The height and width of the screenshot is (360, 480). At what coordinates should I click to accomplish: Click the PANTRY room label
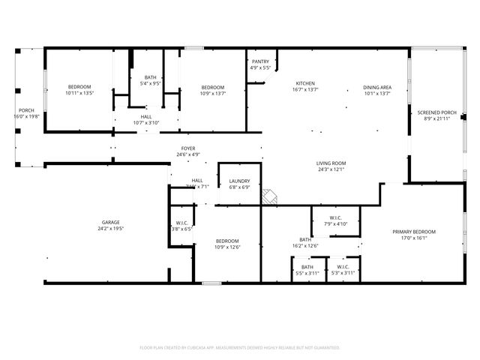coord(260,61)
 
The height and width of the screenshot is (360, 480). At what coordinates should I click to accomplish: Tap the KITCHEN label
coord(304,83)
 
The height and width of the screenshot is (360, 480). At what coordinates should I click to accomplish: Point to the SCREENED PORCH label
coord(436,112)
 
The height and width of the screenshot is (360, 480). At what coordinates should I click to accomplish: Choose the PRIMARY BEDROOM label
coord(414,232)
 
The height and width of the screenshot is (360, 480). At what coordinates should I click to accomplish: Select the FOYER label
coord(188,148)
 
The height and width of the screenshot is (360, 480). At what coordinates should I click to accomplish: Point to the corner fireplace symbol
coord(269,196)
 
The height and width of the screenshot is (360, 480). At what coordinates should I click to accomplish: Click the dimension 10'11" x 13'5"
coord(79,94)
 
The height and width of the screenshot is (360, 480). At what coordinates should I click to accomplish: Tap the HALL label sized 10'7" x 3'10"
coord(146,120)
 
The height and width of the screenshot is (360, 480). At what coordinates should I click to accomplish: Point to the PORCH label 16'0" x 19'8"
coord(26,113)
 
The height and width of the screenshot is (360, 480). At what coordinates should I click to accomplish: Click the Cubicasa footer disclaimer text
coord(240,347)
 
